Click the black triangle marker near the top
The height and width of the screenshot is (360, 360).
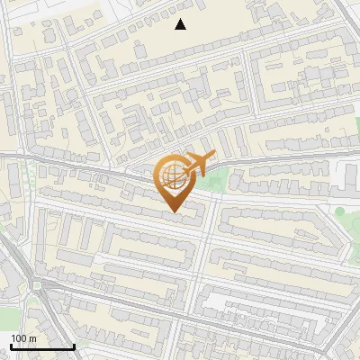181,24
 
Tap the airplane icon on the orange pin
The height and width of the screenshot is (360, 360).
199,165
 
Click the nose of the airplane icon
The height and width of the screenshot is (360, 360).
214,156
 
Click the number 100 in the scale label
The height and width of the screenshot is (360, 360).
18,337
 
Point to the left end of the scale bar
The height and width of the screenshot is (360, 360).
11,346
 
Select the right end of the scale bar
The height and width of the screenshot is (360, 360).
74,346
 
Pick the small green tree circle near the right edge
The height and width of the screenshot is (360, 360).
341,212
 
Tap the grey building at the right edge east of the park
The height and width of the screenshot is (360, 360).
346,177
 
